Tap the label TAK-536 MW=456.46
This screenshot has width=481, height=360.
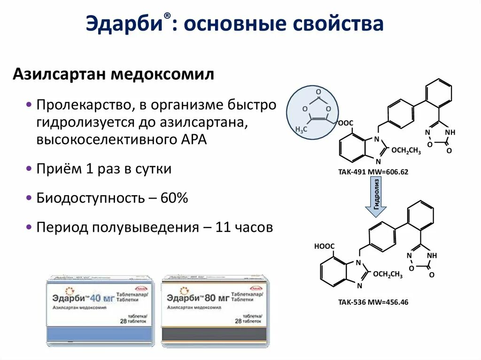[373, 302]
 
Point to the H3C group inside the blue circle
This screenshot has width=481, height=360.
[301, 129]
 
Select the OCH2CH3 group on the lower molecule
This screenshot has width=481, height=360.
[388, 275]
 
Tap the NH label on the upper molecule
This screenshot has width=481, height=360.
[450, 132]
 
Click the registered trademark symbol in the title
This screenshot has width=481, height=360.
[167, 16]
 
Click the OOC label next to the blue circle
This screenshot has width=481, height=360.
[345, 123]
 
